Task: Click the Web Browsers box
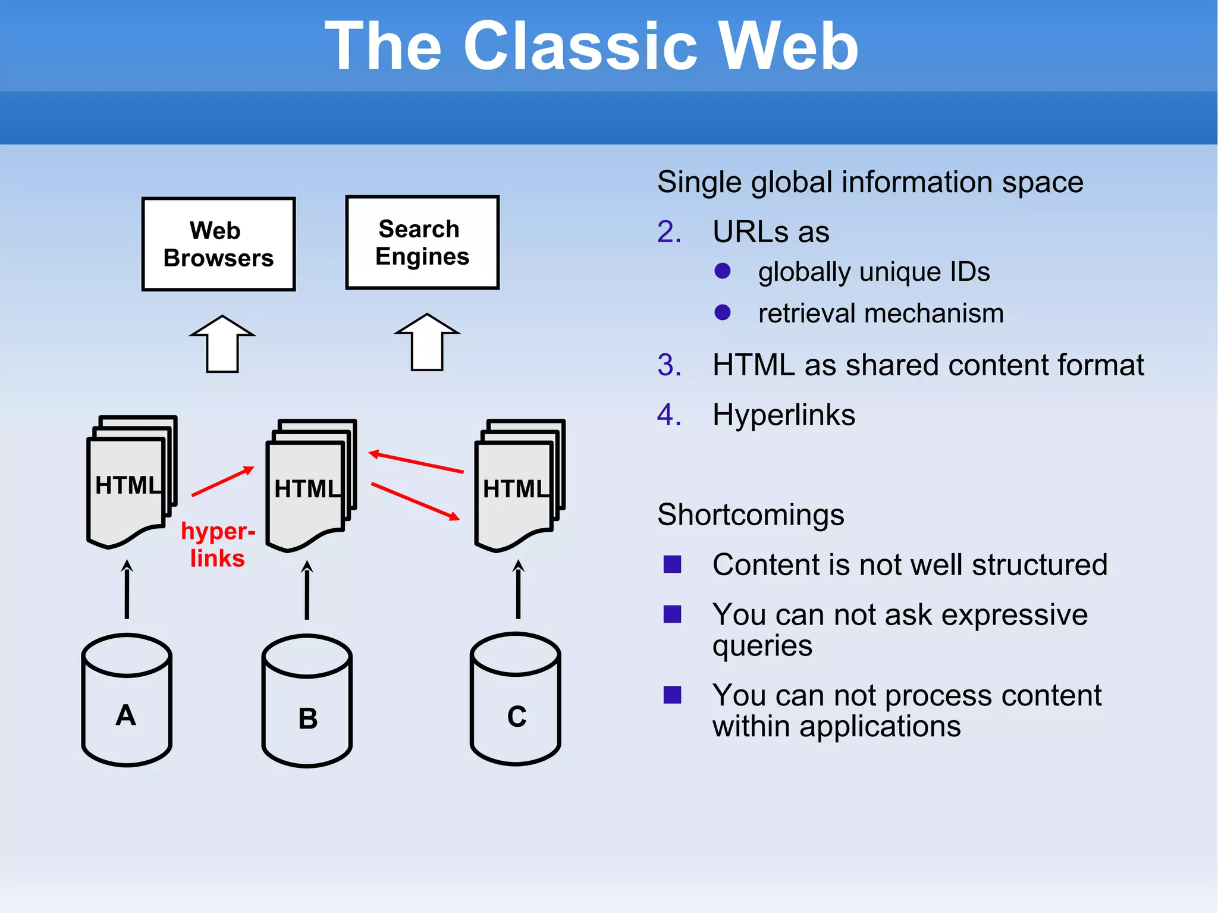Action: [218, 244]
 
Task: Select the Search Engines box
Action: [422, 243]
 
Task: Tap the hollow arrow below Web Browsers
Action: [222, 344]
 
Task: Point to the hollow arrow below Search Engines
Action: [427, 343]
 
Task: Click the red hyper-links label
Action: [218, 544]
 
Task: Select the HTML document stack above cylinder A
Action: [131, 482]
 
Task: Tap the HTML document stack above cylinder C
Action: [519, 485]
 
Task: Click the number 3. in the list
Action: [669, 365]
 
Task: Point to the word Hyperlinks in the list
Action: [784, 415]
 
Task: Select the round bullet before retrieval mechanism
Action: [723, 312]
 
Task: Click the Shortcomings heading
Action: [751, 514]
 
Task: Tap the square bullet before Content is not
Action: [672, 564]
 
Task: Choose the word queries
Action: [762, 646]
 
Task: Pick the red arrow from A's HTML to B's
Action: [222, 482]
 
